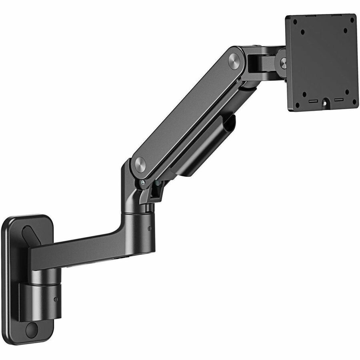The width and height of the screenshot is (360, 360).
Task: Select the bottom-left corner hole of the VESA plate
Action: [297, 105]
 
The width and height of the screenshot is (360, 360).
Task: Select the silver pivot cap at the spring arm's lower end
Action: [140, 164]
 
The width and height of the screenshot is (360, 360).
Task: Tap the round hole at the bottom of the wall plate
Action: [31, 329]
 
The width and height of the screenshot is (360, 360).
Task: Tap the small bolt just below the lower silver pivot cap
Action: [143, 183]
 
